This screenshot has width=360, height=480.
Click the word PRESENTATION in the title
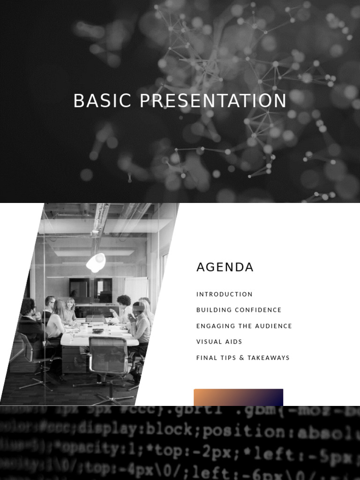point(213,101)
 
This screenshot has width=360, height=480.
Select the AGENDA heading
point(225,267)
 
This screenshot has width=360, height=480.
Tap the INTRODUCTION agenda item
point(224,294)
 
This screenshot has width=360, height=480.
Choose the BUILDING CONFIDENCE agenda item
point(239,310)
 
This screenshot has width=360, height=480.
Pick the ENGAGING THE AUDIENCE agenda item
point(244,326)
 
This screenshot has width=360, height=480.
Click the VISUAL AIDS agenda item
point(219,342)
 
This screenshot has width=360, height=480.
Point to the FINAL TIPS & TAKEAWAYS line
point(243,358)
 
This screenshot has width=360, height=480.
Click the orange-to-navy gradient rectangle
point(238,397)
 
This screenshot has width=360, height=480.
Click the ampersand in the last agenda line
point(242,358)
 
